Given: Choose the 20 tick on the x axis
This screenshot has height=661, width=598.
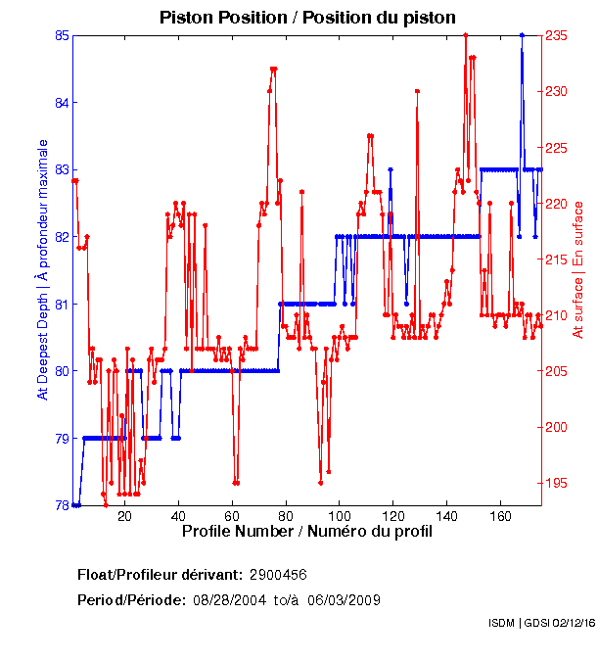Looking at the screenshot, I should pyautogui.click(x=124, y=516).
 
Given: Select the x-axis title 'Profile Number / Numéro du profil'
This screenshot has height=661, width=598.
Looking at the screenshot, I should pyautogui.click(x=307, y=532).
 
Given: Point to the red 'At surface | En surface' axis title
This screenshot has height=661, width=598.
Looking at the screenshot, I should pyautogui.click(x=578, y=269).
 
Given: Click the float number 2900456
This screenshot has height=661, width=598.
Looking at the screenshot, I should pyautogui.click(x=279, y=574).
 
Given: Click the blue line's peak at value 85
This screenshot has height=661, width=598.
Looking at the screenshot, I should pyautogui.click(x=522, y=35).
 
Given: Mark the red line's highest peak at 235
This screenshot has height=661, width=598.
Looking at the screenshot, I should pyautogui.click(x=465, y=35).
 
